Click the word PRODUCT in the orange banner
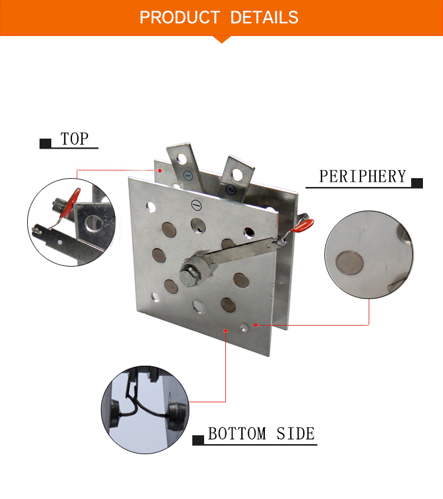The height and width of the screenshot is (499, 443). pyautogui.click(x=179, y=17)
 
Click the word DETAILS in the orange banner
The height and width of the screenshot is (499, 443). pyautogui.click(x=264, y=17)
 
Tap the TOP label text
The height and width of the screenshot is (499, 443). pyautogui.click(x=74, y=139)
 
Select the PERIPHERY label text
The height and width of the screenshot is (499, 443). pyautogui.click(x=363, y=176)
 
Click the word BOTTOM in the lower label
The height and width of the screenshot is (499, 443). pyautogui.click(x=237, y=434)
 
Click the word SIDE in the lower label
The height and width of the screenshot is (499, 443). pyautogui.click(x=296, y=434)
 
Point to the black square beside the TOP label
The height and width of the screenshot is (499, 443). pyautogui.click(x=45, y=143)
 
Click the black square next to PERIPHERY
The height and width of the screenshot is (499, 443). pyautogui.click(x=417, y=183)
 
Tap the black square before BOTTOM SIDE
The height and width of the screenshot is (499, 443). pyautogui.click(x=198, y=440)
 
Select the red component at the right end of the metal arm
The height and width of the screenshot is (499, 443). pyautogui.click(x=303, y=226)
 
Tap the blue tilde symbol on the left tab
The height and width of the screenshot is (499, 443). pyautogui.click(x=188, y=175)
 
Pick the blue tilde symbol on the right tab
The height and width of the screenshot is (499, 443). pyautogui.click(x=231, y=190)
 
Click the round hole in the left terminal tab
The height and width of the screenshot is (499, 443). pyautogui.click(x=182, y=158)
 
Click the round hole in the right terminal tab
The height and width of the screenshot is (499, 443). pyautogui.click(x=237, y=174)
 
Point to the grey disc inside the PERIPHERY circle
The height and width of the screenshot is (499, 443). pyautogui.click(x=349, y=263)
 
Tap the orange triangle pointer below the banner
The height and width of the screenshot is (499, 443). pyautogui.click(x=222, y=40)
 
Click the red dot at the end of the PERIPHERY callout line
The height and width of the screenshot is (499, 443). pyautogui.click(x=255, y=325)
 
